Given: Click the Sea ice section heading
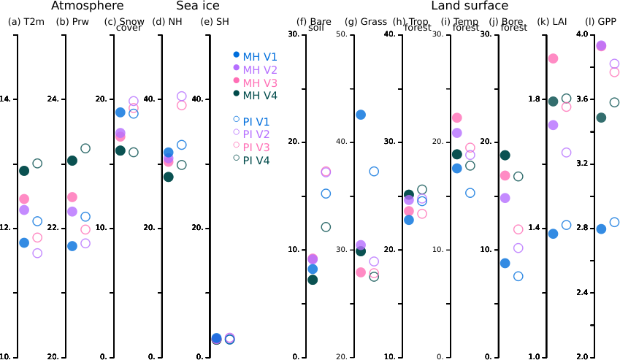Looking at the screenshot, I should tap(198, 6).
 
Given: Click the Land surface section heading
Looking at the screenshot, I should tap(470, 6).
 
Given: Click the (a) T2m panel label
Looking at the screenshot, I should tap(26, 22).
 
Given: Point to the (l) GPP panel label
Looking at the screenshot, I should tap(602, 22).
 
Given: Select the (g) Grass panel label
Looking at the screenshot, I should tap(367, 22).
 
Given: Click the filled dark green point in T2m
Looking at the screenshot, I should tap(24, 171).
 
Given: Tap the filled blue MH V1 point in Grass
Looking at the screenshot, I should tap(361, 115).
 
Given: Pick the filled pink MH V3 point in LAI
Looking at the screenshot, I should tap(553, 58).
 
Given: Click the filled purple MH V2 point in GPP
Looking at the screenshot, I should tap(601, 46).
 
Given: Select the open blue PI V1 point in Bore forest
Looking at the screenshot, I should tap(518, 276).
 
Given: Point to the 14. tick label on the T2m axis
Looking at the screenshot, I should tap(6, 99).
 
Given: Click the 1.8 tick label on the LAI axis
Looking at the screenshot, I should tap(535, 99).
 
